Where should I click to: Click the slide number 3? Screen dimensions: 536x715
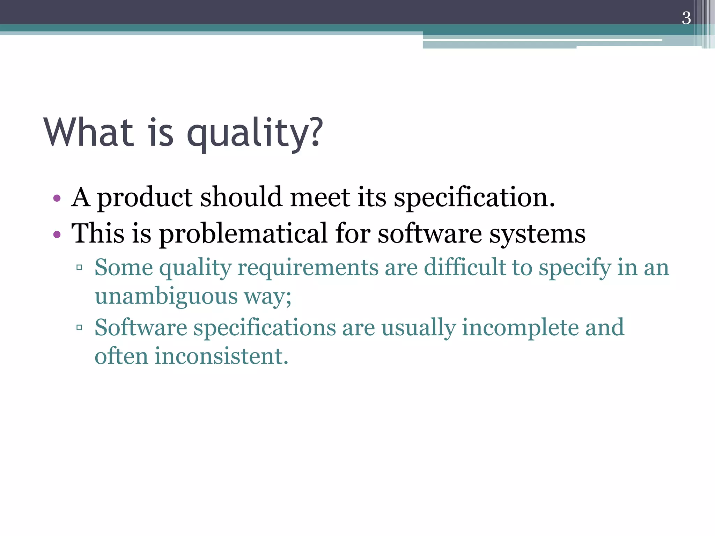(x=686, y=18)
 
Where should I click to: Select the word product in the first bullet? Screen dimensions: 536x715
(x=144, y=198)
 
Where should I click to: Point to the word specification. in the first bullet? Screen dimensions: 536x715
(x=474, y=198)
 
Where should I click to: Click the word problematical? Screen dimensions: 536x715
(x=243, y=234)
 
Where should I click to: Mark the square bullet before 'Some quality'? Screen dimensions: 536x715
(x=79, y=268)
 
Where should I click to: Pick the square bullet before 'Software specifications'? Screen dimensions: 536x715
(x=79, y=327)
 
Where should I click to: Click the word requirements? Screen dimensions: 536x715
(x=308, y=268)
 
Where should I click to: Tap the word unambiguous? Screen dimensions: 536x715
(x=166, y=297)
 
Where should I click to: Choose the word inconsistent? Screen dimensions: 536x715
(x=221, y=356)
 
